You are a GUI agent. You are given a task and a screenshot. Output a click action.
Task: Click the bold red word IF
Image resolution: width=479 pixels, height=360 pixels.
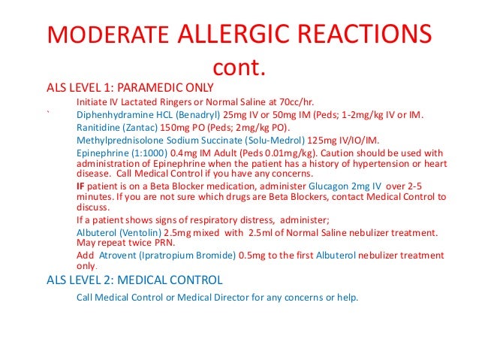click(80, 185)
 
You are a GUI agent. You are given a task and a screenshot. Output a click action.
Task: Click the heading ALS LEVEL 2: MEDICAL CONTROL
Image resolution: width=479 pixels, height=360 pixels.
click(134, 280)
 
